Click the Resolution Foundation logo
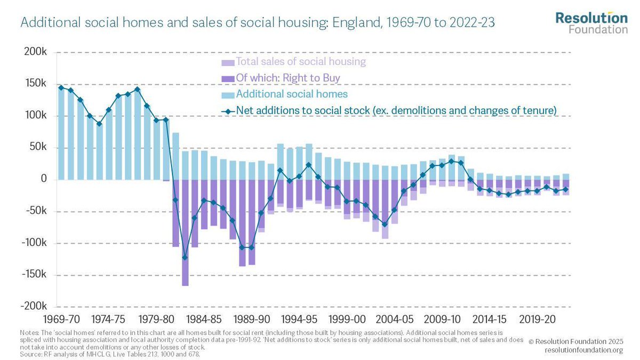click(x=591, y=22)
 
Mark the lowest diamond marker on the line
click(x=185, y=258)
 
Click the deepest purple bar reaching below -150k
click(x=185, y=235)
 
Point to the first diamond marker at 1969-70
click(x=61, y=87)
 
